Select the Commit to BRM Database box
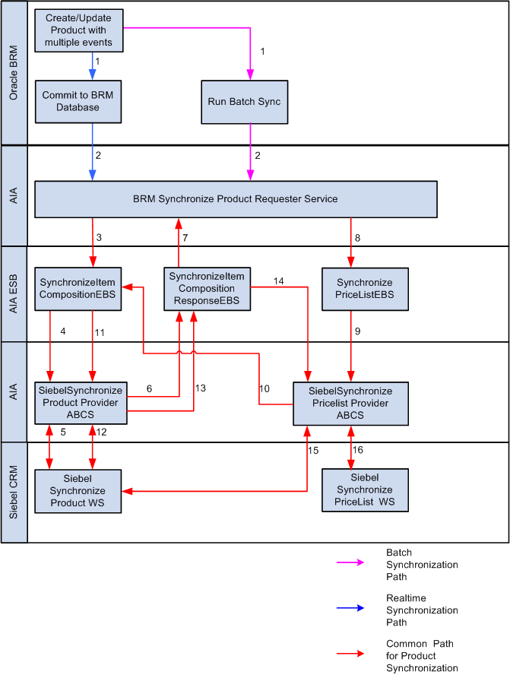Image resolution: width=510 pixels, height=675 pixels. pos(78,102)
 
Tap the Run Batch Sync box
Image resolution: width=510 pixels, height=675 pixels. pos(245,102)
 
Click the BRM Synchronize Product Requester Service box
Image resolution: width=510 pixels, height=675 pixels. pos(236,199)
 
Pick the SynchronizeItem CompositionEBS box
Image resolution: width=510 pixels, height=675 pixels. pos(78,289)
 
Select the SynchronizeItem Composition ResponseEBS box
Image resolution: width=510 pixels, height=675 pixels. pos(207,289)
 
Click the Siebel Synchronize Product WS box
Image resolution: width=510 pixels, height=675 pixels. pos(78,491)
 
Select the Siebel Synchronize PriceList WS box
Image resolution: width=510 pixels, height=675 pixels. pos(364,491)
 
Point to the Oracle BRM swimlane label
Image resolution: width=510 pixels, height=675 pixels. pos(14,73)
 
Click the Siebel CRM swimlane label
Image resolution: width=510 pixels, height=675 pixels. pos(14,492)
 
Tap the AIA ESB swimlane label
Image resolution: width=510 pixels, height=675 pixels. pos(14,293)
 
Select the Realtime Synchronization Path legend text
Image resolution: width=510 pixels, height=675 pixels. pos(422,610)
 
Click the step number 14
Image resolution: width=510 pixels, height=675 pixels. pos(278,281)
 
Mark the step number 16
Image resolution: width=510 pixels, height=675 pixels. pos(358,450)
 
